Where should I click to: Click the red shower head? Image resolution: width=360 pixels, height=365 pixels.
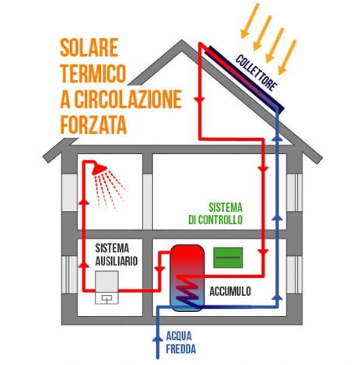pos(99,169)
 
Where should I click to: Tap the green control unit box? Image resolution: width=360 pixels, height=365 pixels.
pos(228,258)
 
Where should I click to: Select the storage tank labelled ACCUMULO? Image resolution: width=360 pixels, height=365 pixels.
pos(187,278)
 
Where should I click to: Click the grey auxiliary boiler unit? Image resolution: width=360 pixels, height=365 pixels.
pos(107,287)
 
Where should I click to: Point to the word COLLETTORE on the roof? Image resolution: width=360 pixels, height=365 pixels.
pos(256,73)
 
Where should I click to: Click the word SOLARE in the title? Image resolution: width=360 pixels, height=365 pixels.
pos(89,47)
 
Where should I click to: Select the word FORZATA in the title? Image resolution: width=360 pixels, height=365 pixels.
pos(93,125)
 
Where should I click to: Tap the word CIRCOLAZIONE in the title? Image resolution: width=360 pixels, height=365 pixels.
pos(128,99)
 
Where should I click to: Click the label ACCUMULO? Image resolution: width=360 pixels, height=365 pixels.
pos(230,291)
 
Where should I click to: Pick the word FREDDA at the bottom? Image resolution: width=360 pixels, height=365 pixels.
pos(180,349)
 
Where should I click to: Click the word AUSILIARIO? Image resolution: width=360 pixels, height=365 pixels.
pos(116,261)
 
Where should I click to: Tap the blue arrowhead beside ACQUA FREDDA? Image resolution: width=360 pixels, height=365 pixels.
pos(157,339)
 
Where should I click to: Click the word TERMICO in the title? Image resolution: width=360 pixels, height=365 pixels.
pos(93,73)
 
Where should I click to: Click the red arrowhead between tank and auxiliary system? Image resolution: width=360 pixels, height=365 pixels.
pos(159,269)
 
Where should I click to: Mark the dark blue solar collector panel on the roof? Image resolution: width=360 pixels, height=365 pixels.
pos(245,78)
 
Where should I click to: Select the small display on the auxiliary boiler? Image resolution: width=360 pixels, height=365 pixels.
pos(107,299)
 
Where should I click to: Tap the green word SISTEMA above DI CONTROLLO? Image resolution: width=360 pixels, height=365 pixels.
pos(225,208)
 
